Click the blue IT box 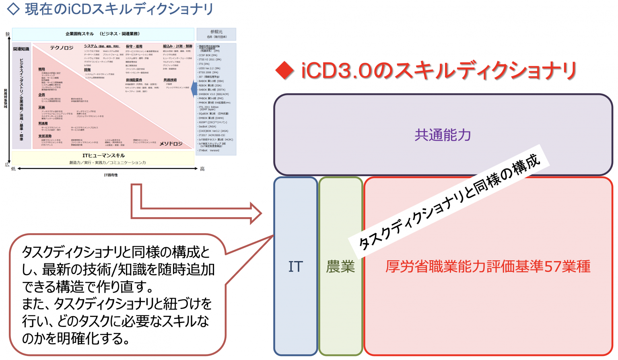pyautogui.click(x=296, y=266)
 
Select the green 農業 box pyautogui.click(x=340, y=266)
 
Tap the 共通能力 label pyautogui.click(x=443, y=135)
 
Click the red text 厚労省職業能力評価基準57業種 pyautogui.click(x=488, y=266)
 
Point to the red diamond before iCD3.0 pyautogui.click(x=285, y=71)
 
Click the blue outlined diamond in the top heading pyautogui.click(x=13, y=9)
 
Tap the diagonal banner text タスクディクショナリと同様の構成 pyautogui.click(x=449, y=201)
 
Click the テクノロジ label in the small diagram pyautogui.click(x=62, y=48)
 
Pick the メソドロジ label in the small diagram pyautogui.click(x=171, y=144)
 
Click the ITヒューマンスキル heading pyautogui.click(x=103, y=156)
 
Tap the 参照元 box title pyautogui.click(x=216, y=32)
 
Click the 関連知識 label pyautogui.click(x=21, y=49)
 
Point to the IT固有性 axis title pyautogui.click(x=111, y=175)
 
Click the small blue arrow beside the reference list pyautogui.click(x=194, y=88)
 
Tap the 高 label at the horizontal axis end pyautogui.click(x=202, y=169)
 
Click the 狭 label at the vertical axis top pyautogui.click(x=8, y=35)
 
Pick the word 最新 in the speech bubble pyautogui.click(x=54, y=269)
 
